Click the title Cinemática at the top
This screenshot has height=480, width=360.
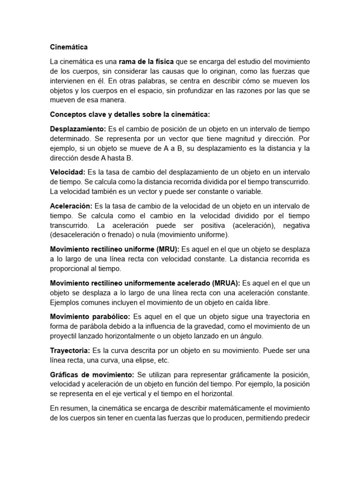(69, 47)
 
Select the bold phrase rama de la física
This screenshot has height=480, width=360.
(146, 62)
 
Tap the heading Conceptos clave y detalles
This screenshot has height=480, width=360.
(130, 114)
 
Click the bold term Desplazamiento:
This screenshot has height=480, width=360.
(78, 129)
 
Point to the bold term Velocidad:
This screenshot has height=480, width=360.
(67, 172)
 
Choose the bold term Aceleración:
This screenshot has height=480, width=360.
(71, 206)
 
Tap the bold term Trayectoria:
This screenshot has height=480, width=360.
(70, 350)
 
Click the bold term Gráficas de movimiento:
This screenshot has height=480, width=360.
(92, 374)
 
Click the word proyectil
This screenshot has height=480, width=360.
(65, 336)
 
